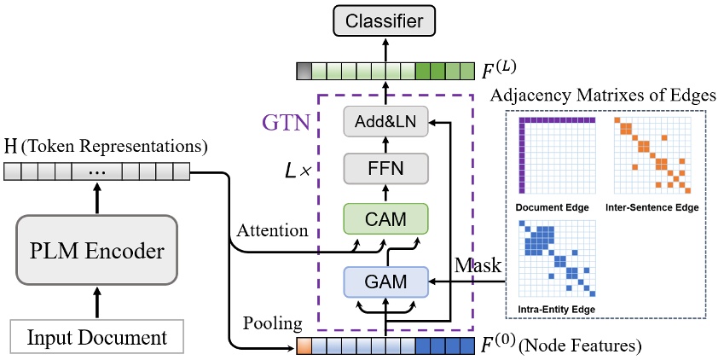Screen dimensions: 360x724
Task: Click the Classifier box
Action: (x=383, y=20)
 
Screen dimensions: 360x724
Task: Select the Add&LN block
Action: (x=386, y=122)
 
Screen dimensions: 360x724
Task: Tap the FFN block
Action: (x=386, y=169)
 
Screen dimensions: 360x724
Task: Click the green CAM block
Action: (x=386, y=218)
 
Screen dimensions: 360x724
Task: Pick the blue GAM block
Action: (x=386, y=281)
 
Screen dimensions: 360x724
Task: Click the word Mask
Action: (x=476, y=265)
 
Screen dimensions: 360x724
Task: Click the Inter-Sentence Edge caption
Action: (x=652, y=207)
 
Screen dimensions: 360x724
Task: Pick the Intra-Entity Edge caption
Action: (x=553, y=307)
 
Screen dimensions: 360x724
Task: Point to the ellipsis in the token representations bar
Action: (x=96, y=172)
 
